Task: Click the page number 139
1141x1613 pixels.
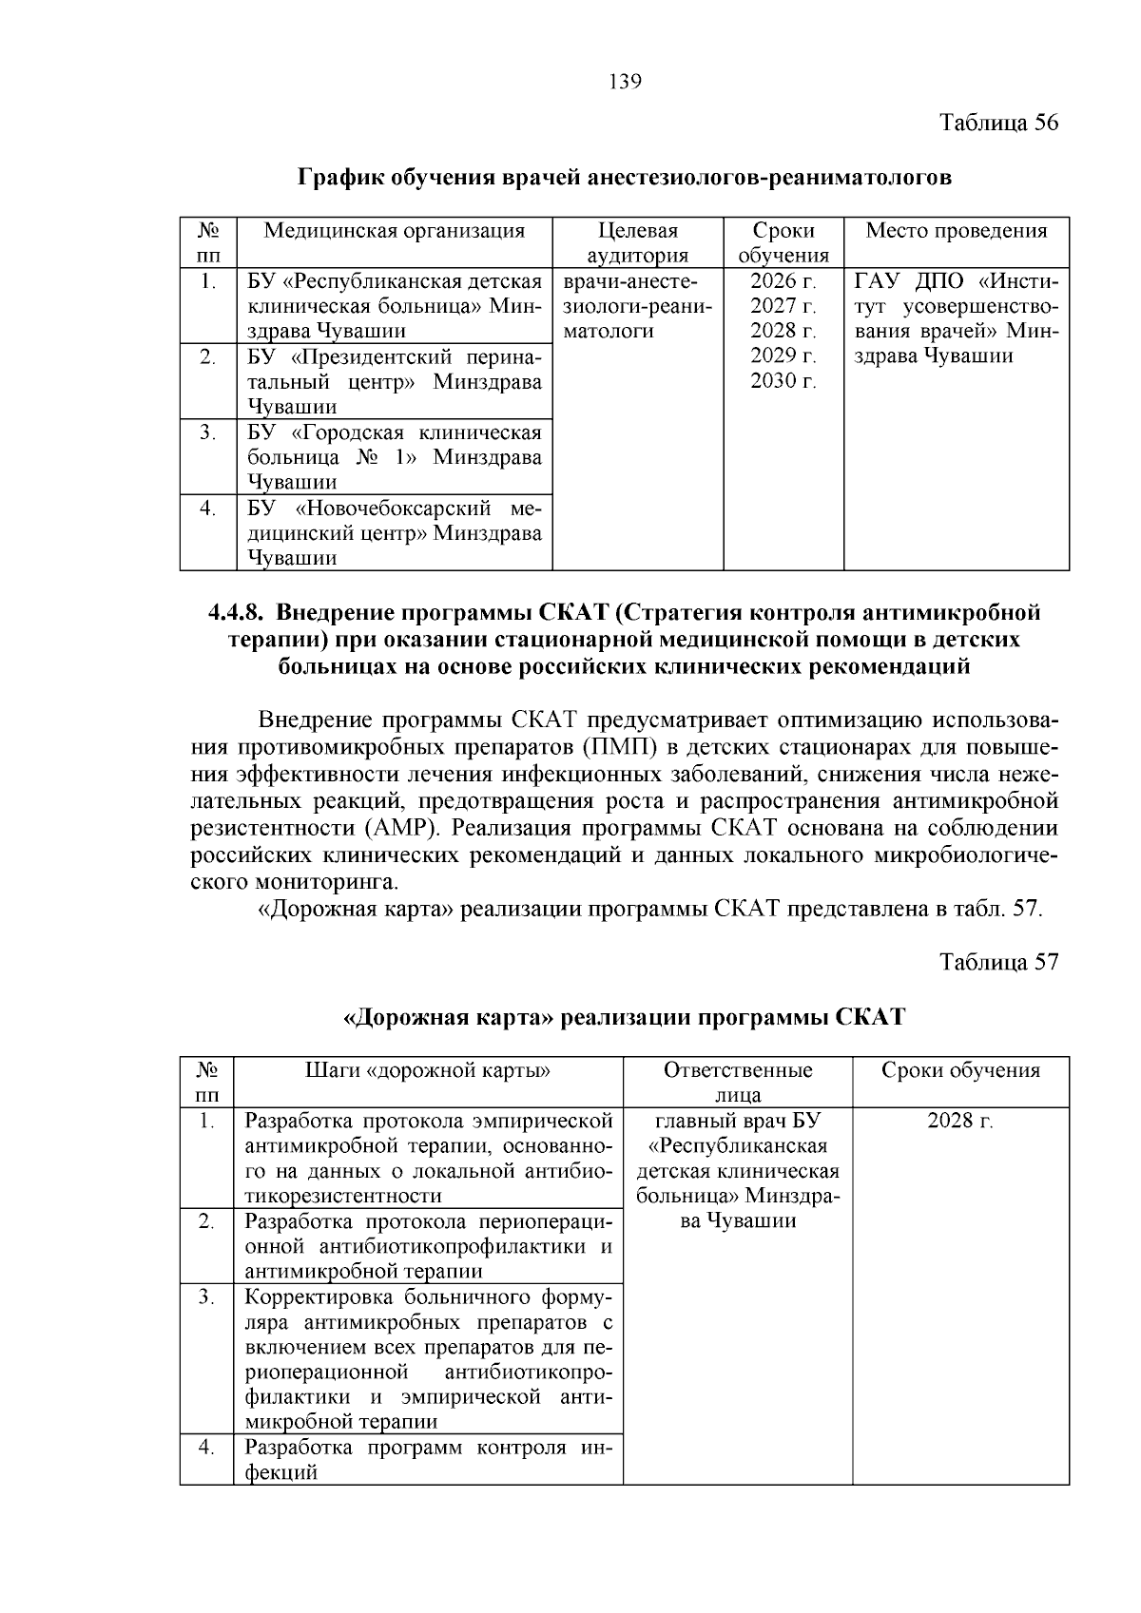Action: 625,82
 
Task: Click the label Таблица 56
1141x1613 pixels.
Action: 998,123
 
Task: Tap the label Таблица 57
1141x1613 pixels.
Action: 998,961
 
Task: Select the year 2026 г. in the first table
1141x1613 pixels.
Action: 783,281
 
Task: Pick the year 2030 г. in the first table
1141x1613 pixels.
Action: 783,381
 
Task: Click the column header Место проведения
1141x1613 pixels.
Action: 956,231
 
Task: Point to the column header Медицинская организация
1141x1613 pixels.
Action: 394,231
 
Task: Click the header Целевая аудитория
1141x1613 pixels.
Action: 638,242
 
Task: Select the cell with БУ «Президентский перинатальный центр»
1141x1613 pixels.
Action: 394,381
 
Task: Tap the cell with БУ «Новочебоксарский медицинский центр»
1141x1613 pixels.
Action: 394,532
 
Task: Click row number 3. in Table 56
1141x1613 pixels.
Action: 207,432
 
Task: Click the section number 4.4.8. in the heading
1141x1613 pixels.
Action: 242,611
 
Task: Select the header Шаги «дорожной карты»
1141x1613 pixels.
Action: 428,1070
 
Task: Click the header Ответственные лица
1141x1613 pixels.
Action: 737,1082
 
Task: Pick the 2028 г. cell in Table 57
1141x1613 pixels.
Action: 959,1121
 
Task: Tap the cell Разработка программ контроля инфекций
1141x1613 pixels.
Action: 428,1460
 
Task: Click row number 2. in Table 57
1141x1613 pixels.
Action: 206,1220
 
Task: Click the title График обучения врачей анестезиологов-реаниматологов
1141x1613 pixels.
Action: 625,178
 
